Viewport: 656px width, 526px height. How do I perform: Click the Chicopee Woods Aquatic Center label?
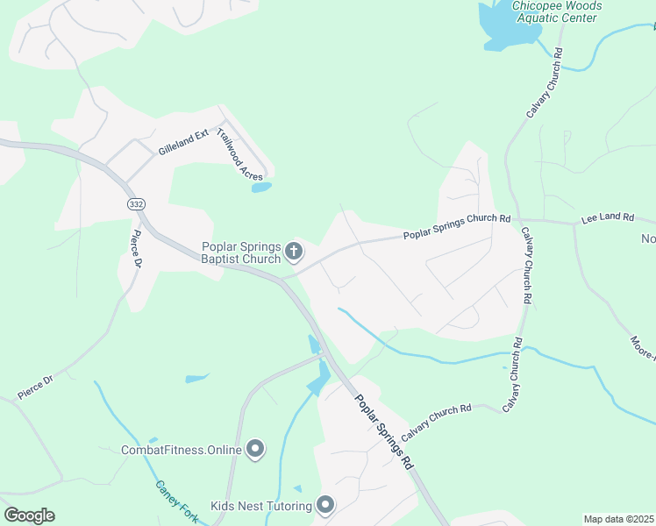click(555, 11)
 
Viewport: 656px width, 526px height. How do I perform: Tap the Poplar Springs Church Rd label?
click(457, 226)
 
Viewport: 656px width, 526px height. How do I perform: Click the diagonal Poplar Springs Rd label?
click(383, 430)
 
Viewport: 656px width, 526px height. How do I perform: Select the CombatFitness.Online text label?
click(181, 450)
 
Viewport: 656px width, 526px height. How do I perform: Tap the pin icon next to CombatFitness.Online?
click(255, 450)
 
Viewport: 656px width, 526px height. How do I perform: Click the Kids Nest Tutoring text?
click(261, 506)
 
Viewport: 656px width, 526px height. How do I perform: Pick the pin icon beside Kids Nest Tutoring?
click(325, 505)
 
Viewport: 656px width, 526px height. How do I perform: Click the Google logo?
click(29, 515)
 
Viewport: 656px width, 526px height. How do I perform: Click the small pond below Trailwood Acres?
click(260, 187)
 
